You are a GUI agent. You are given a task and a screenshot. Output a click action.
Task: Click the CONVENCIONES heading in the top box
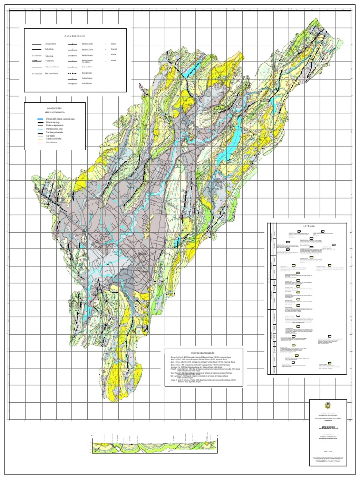pos(75,36)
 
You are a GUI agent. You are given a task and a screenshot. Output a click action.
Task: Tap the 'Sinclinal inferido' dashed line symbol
pos(73,74)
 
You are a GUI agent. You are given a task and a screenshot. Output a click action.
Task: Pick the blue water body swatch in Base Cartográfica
pos(41,119)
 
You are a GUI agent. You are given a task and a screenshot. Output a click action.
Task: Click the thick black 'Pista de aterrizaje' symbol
pos(41,122)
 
